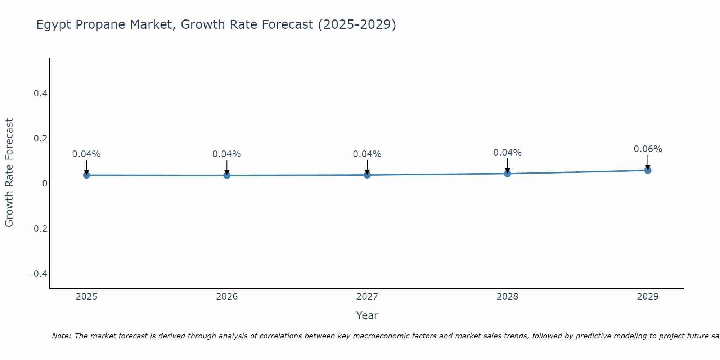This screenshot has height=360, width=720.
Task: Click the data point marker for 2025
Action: tap(86, 175)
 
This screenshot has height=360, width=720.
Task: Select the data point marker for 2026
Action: tap(227, 175)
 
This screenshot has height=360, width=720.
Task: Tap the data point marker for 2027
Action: tap(367, 175)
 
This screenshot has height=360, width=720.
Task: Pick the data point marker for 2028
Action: tap(508, 174)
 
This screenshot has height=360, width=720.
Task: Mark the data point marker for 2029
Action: tap(648, 170)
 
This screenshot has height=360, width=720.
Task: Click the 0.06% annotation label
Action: tap(648, 149)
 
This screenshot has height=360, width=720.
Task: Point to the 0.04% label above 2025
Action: tap(86, 154)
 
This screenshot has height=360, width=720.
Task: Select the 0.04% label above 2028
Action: tap(508, 153)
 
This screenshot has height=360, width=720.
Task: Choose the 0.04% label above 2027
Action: tap(367, 154)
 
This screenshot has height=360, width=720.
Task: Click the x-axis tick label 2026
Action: tap(227, 297)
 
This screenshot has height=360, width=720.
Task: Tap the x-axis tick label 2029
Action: tap(648, 297)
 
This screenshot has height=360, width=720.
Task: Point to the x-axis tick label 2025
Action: tap(86, 297)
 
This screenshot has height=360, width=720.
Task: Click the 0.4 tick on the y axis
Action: tap(40, 94)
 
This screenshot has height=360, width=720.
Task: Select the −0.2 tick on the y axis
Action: tap(37, 229)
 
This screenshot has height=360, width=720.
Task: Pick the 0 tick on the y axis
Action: tap(45, 184)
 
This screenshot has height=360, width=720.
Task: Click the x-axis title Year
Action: tap(367, 316)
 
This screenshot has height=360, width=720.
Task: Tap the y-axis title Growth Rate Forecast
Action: tap(9, 173)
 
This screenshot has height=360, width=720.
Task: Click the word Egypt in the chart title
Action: tap(54, 25)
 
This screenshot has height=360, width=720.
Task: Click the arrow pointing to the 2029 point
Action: tap(648, 162)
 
